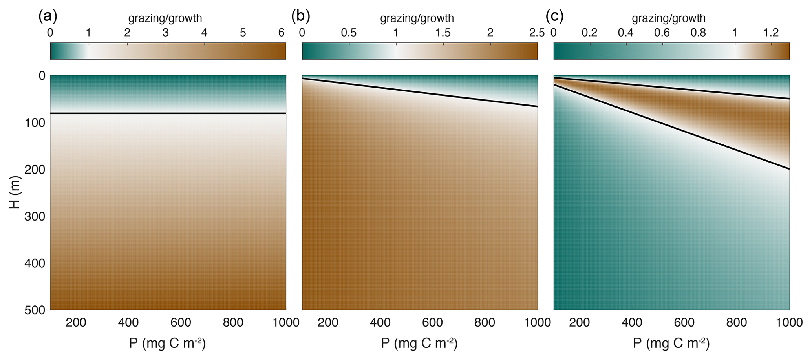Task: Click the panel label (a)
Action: (48, 16)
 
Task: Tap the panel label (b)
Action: (300, 16)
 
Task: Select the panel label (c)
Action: (555, 16)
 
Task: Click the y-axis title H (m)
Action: (15, 192)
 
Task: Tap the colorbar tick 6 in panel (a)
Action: (281, 33)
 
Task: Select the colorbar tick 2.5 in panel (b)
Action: (536, 33)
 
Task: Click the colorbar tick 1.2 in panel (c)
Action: (771, 33)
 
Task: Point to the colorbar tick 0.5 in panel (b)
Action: (349, 33)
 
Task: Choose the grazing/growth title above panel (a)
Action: (165, 18)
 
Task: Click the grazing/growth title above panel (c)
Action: (668, 18)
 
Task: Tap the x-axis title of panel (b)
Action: (419, 344)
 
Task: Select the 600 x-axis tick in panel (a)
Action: (181, 323)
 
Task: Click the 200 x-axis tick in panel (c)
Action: (580, 323)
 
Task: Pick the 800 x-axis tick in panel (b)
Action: (485, 323)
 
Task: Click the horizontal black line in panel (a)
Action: (168, 113)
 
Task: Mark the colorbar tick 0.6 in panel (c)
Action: (662, 33)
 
